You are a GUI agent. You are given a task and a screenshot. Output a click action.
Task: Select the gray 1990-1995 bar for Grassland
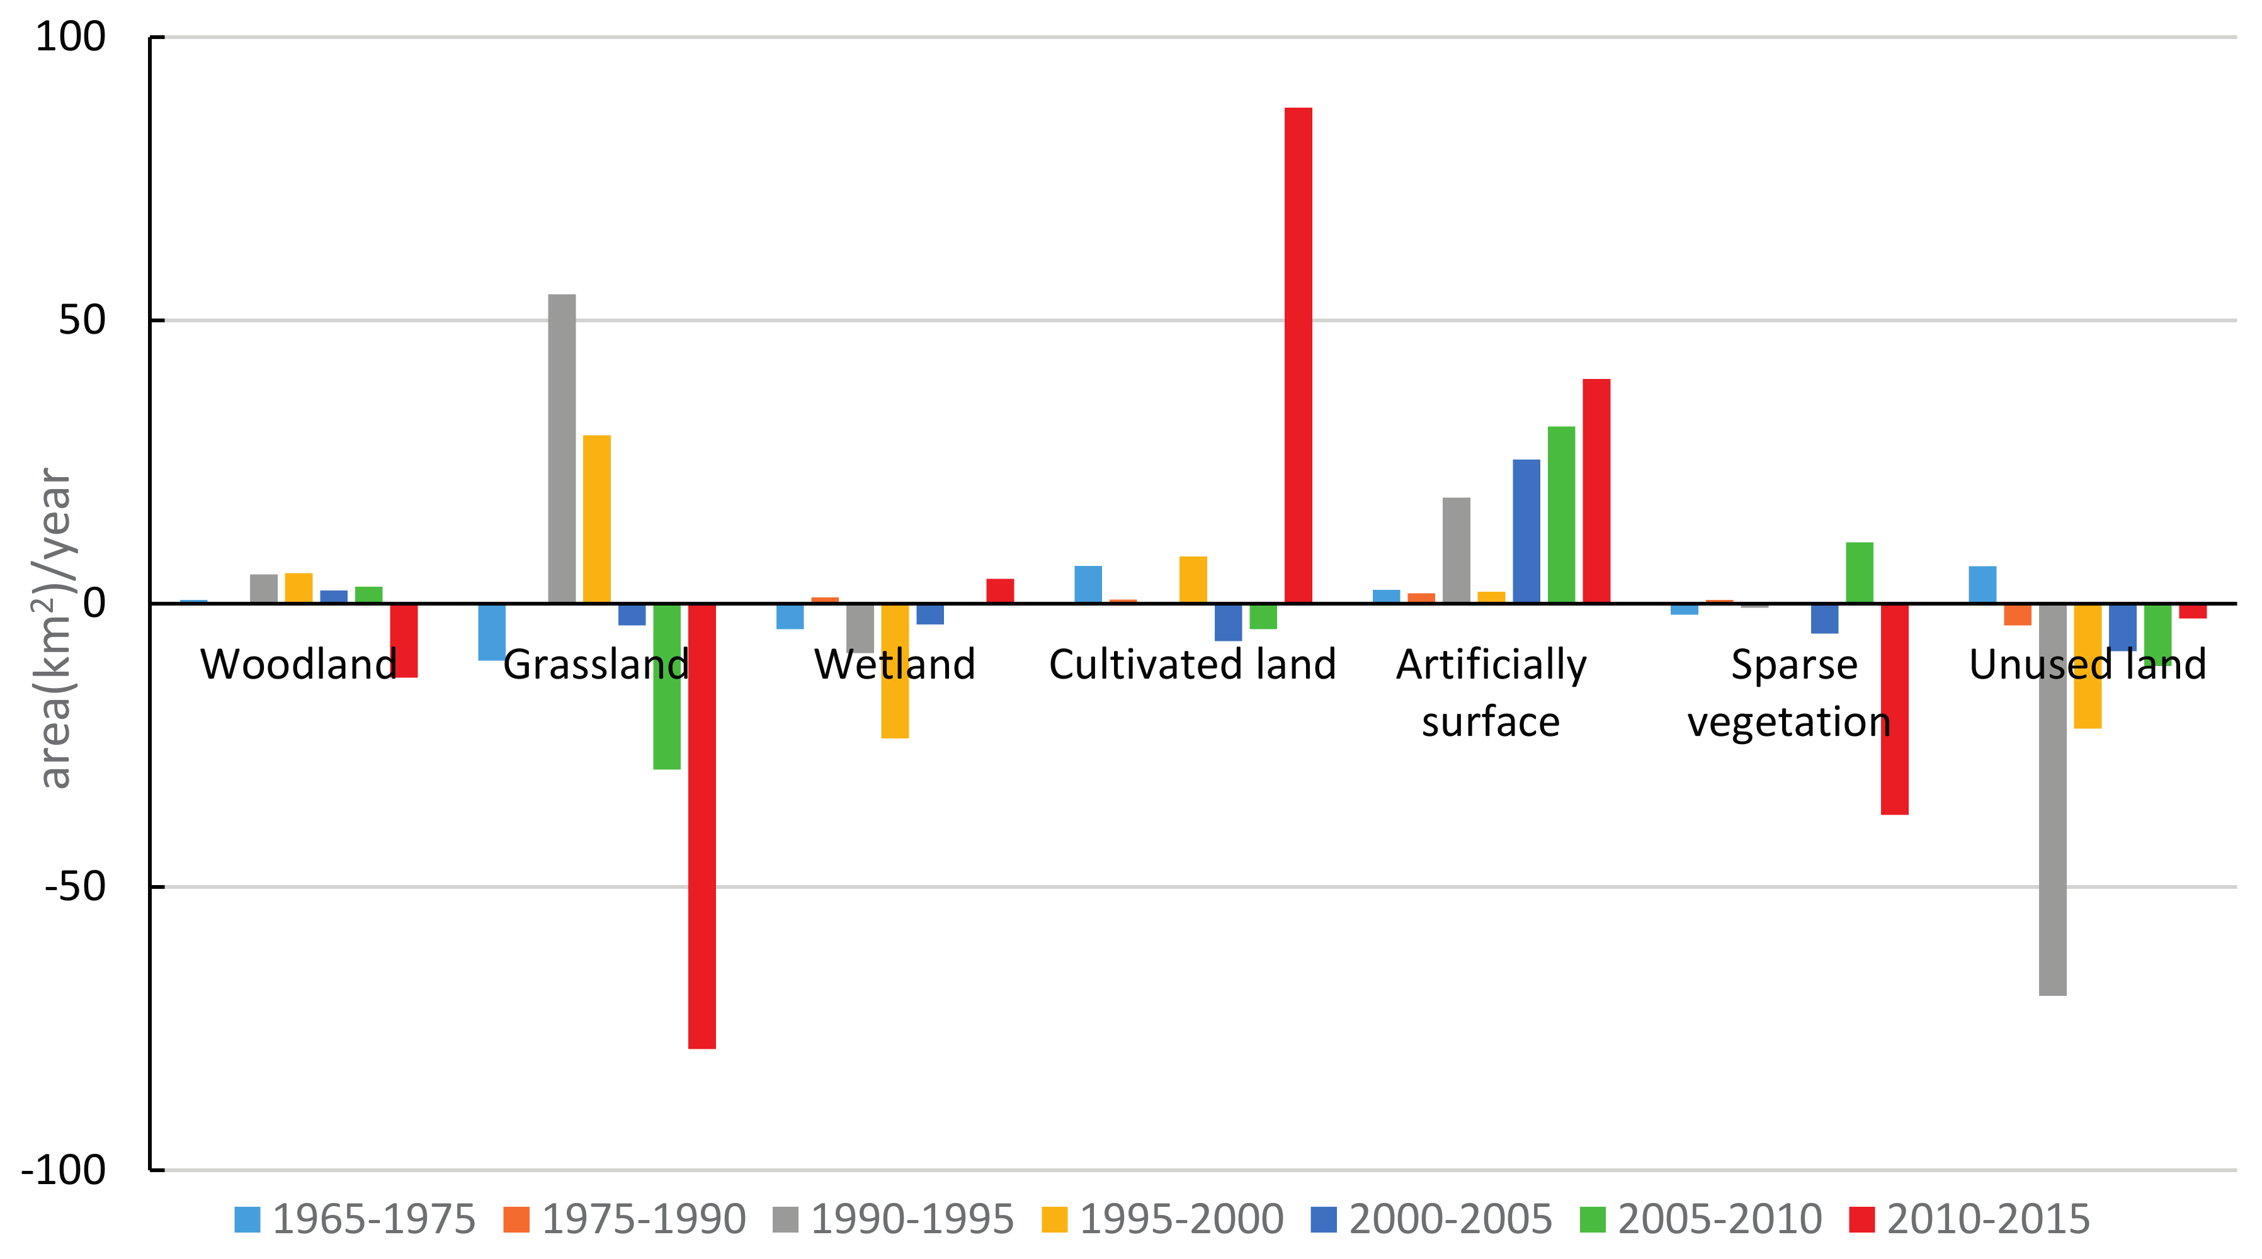tap(562, 448)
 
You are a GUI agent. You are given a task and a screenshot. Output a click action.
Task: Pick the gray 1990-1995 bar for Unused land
tap(2052, 799)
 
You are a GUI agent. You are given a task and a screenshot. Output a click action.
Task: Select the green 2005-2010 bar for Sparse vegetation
tap(1859, 572)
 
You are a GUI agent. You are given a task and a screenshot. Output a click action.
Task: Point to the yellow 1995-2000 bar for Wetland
tap(895, 703)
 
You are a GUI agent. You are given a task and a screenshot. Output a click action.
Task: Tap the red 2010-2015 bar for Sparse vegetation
tap(1894, 764)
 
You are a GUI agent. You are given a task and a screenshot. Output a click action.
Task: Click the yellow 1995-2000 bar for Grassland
tap(597, 518)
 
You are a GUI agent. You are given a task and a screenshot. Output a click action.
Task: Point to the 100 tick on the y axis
tap(71, 37)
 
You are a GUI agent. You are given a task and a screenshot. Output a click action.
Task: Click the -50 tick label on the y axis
tap(76, 887)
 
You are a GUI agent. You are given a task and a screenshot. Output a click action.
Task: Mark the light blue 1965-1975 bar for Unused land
tap(1982, 585)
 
